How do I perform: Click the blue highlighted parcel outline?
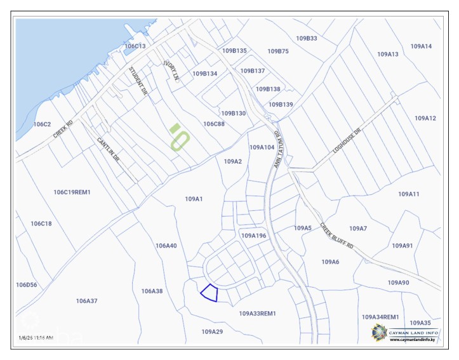(x=210, y=293)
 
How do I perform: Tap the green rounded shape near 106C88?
(x=180, y=137)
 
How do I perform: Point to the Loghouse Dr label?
(x=347, y=141)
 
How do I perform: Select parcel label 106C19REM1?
(x=72, y=192)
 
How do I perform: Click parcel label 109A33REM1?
(x=258, y=314)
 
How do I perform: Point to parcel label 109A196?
(x=253, y=236)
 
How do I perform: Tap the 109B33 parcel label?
(x=307, y=39)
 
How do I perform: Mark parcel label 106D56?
(x=27, y=285)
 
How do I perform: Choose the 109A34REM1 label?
(x=380, y=317)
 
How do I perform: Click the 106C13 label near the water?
(x=135, y=46)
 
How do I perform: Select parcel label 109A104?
(x=262, y=147)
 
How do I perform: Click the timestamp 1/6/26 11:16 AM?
(x=36, y=338)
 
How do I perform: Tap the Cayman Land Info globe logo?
(x=379, y=332)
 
